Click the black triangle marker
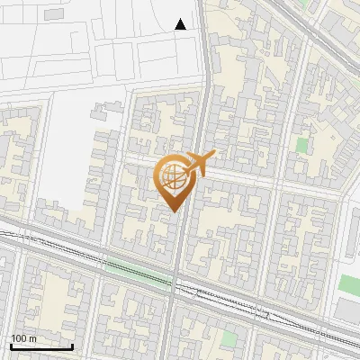[181, 24]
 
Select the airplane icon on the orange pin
[202, 163]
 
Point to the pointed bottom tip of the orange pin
[175, 211]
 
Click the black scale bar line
[41, 346]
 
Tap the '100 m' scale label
[24, 338]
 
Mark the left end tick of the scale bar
[11, 345]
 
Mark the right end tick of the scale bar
[72, 345]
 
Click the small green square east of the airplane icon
[301, 144]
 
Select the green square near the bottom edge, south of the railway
[230, 338]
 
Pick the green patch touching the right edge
[351, 283]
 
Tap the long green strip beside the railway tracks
[126, 265]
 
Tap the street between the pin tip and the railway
[175, 243]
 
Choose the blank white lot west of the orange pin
[63, 171]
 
